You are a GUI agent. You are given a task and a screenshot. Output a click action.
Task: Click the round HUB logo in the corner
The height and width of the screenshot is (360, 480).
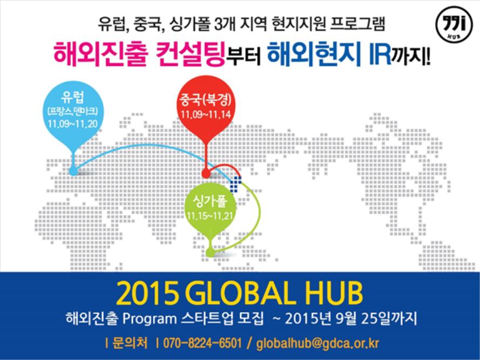(454, 24)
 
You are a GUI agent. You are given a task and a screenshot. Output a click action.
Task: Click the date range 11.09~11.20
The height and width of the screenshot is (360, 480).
(73, 124)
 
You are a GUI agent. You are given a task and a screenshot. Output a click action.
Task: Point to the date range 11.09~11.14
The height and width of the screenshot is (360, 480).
(205, 115)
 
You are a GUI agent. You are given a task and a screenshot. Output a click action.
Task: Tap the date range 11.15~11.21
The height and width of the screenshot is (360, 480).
(210, 216)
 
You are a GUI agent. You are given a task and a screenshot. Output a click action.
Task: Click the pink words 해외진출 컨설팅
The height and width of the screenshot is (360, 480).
(139, 54)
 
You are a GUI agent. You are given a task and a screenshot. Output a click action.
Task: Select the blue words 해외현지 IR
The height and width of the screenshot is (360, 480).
(329, 54)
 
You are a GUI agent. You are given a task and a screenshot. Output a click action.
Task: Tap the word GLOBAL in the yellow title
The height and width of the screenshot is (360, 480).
(245, 294)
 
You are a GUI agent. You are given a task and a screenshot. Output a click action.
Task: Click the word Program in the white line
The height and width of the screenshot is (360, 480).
(150, 320)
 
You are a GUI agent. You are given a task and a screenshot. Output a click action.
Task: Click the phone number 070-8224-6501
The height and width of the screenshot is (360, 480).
(202, 343)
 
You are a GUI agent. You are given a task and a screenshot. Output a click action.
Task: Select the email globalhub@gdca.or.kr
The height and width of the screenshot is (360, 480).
(318, 343)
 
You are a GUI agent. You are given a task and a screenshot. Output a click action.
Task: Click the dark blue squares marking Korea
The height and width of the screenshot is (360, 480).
(235, 184)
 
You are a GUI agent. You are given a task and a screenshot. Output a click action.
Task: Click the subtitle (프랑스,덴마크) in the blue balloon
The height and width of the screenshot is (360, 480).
(73, 111)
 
